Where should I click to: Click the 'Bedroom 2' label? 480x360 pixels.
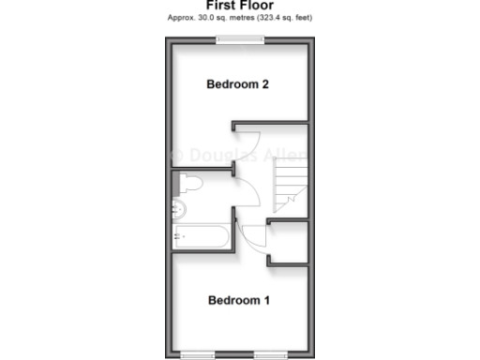click(x=238, y=84)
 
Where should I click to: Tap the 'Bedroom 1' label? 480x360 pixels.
click(x=238, y=301)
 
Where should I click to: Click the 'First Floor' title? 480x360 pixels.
click(x=239, y=5)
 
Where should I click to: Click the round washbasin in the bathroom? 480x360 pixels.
click(x=181, y=207)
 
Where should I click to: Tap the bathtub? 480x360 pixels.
click(x=201, y=236)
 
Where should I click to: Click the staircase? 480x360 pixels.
click(x=290, y=186)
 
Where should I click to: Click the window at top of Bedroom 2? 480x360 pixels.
click(x=239, y=39)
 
